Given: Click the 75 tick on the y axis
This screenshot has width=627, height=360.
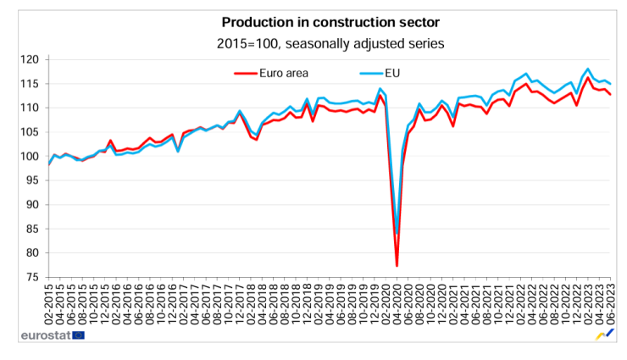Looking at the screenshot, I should click(34, 277).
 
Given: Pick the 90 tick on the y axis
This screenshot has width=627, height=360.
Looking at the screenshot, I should click(34, 204).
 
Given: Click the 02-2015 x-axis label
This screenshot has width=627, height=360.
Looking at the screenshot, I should click(49, 306).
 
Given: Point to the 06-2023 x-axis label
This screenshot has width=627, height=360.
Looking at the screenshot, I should click(610, 306).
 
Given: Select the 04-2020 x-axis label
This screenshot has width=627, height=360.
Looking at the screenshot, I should click(396, 306).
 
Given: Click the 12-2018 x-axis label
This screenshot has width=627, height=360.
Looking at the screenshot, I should click(306, 306).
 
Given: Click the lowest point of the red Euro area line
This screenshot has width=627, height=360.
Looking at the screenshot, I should click(397, 266).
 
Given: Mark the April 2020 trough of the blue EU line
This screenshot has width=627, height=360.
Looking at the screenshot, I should click(397, 235).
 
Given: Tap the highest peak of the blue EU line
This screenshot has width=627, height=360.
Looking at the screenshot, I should click(587, 69).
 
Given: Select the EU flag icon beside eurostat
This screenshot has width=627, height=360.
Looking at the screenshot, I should click(79, 335).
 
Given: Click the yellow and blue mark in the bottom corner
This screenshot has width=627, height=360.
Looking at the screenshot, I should click(603, 335).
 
